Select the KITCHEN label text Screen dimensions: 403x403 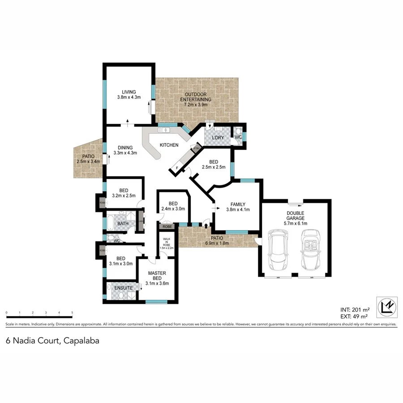(169, 145)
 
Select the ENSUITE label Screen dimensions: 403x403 (123, 288)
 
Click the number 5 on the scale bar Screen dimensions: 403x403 (72, 313)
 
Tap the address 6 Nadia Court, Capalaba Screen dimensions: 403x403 (52, 341)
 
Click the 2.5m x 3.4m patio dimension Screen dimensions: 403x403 (88, 161)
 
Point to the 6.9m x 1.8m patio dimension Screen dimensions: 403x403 (217, 243)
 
